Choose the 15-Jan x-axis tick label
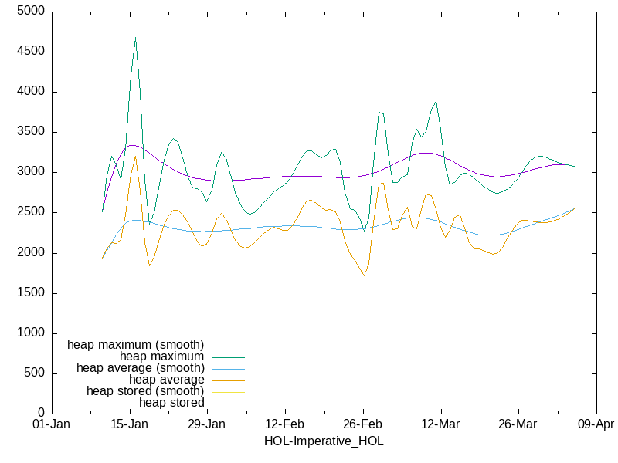(129, 425)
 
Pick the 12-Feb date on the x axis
(284, 425)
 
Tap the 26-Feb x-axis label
(362, 425)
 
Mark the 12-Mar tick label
(440, 425)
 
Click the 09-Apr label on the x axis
(596, 425)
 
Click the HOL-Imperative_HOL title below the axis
(324, 441)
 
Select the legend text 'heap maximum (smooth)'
(136, 344)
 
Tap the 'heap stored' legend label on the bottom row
(171, 403)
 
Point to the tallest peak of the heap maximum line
(135, 37)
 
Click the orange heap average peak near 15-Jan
(135, 157)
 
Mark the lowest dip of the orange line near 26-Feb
(363, 275)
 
